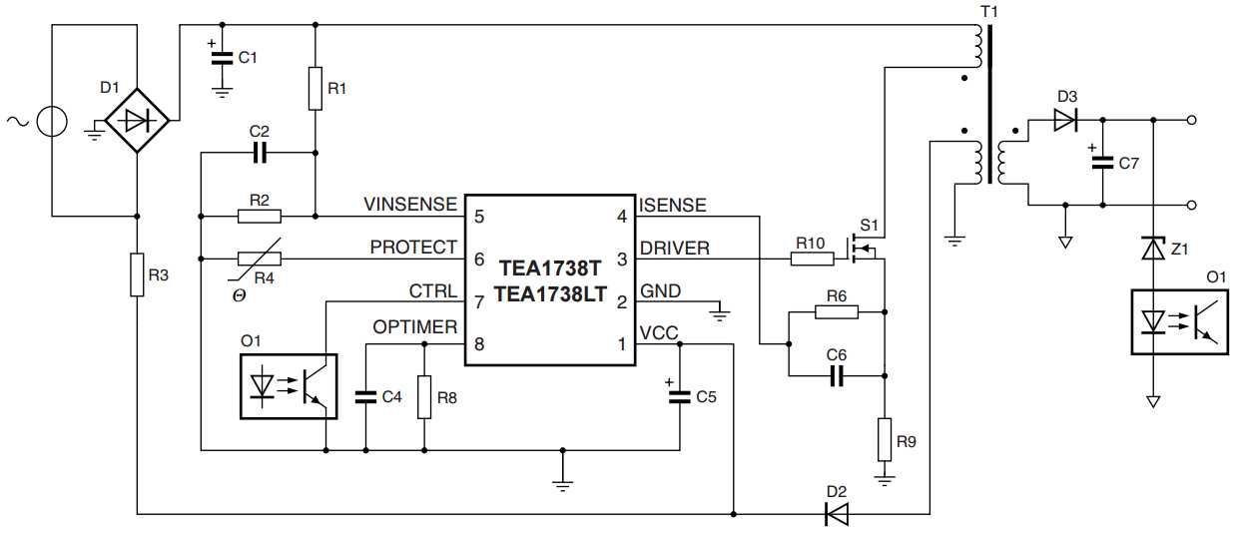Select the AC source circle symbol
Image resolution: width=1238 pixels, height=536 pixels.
coord(51,121)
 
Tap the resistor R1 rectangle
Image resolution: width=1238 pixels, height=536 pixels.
coord(314,89)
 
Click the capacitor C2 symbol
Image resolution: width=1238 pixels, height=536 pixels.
coord(261,153)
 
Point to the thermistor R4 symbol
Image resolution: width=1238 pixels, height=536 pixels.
coord(260,259)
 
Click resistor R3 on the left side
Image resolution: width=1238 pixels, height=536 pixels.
coord(137,274)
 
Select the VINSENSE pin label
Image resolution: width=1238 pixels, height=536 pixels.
coord(410,206)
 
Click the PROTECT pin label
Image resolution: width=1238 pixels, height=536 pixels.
coord(413,248)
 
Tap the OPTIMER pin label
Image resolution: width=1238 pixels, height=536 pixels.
coord(414,327)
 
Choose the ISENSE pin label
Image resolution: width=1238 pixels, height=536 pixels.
coord(673,206)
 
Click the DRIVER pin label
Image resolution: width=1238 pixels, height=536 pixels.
coord(675,248)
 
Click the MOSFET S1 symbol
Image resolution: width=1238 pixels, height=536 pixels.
coord(864,248)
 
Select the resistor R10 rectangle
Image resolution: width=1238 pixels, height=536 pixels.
coord(812,259)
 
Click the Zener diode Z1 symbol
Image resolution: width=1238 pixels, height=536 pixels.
coord(1153,247)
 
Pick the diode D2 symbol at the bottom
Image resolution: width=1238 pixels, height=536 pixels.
coord(836,514)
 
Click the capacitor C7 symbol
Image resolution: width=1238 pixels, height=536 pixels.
coord(1103,164)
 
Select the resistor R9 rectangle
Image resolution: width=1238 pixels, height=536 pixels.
coord(884,440)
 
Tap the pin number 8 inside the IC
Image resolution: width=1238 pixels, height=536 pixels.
coord(479,344)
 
